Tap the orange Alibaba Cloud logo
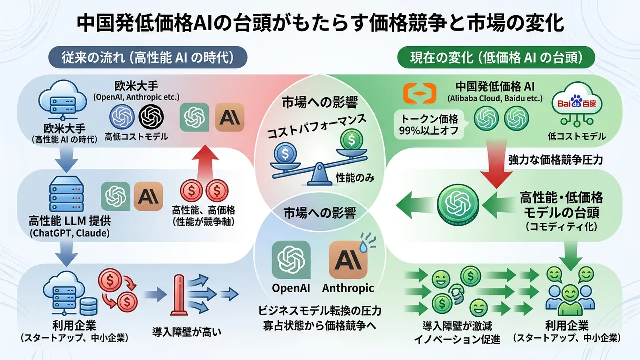point(420,93)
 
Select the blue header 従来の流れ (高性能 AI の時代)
point(148,57)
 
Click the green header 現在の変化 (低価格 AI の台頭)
point(496,57)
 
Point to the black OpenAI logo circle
point(151,117)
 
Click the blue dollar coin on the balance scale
point(285,153)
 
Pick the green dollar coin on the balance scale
point(351,140)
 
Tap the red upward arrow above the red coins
point(205,163)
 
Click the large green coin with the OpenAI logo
point(458,205)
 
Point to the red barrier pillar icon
point(179,295)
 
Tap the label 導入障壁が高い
point(187,332)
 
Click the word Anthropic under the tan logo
point(348,288)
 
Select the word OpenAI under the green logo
point(291,288)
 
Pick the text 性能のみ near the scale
point(355,178)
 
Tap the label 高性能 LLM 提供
point(70,221)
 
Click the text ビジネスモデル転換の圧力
point(320,311)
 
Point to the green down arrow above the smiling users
point(571,255)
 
